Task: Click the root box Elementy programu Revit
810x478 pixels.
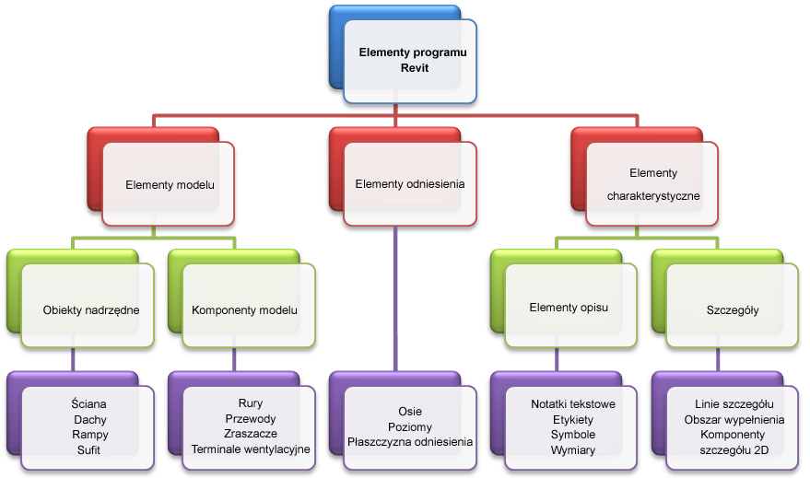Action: (x=412, y=60)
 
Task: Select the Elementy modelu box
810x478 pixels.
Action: (x=170, y=184)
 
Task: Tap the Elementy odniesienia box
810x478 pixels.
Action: (x=410, y=183)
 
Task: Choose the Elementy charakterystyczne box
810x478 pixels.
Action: (x=652, y=184)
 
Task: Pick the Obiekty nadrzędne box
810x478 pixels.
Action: (x=90, y=309)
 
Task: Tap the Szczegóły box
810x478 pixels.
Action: (x=734, y=309)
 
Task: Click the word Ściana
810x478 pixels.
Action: (x=88, y=403)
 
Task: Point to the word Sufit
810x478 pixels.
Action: (x=88, y=449)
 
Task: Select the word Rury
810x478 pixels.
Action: (x=251, y=403)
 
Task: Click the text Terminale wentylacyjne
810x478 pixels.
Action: (x=251, y=449)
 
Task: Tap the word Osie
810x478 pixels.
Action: (x=410, y=411)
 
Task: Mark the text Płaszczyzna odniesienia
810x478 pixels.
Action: (x=410, y=441)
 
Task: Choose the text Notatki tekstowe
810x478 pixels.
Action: (x=573, y=403)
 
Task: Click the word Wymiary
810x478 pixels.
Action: (x=573, y=449)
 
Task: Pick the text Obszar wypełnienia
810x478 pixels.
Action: (x=734, y=419)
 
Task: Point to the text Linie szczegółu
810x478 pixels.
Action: (x=734, y=403)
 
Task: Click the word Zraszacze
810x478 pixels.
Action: (x=251, y=434)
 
